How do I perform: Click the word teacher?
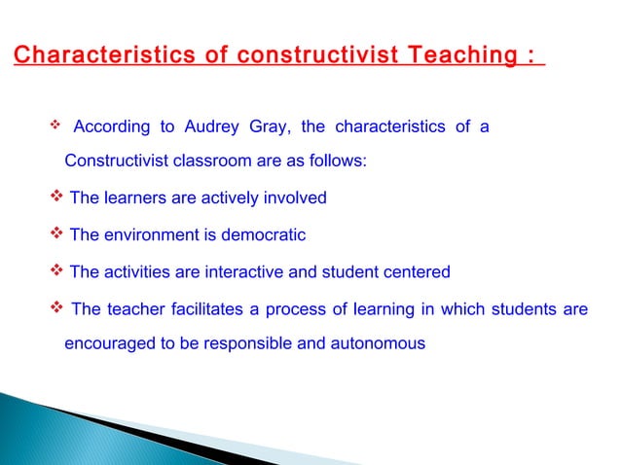pyautogui.click(x=137, y=310)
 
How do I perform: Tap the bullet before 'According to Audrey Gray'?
pyautogui.click(x=55, y=126)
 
